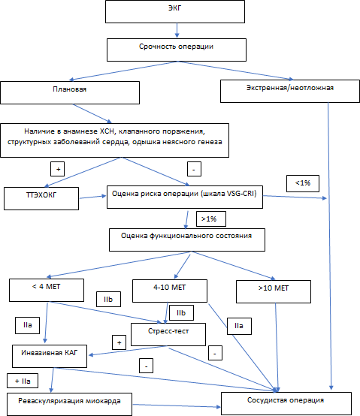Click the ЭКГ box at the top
[x=175, y=12]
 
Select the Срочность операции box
[x=177, y=50]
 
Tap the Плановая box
[x=70, y=92]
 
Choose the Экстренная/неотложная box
[x=290, y=92]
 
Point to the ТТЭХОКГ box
[x=41, y=198]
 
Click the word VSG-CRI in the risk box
[x=241, y=194]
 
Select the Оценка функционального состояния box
[x=187, y=240]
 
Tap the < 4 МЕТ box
[x=47, y=290]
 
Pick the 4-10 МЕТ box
[x=170, y=291]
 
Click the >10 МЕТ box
[x=274, y=291]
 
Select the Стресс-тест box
[x=168, y=334]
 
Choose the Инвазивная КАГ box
[x=50, y=356]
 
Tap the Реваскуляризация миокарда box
[x=69, y=404]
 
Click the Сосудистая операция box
[x=286, y=403]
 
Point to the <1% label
[x=303, y=183]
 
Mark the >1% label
[x=211, y=219]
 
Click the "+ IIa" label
[x=23, y=381]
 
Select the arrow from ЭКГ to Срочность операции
[x=177, y=31]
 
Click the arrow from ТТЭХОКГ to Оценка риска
[x=93, y=197]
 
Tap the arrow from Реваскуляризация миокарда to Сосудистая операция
[x=177, y=405]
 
